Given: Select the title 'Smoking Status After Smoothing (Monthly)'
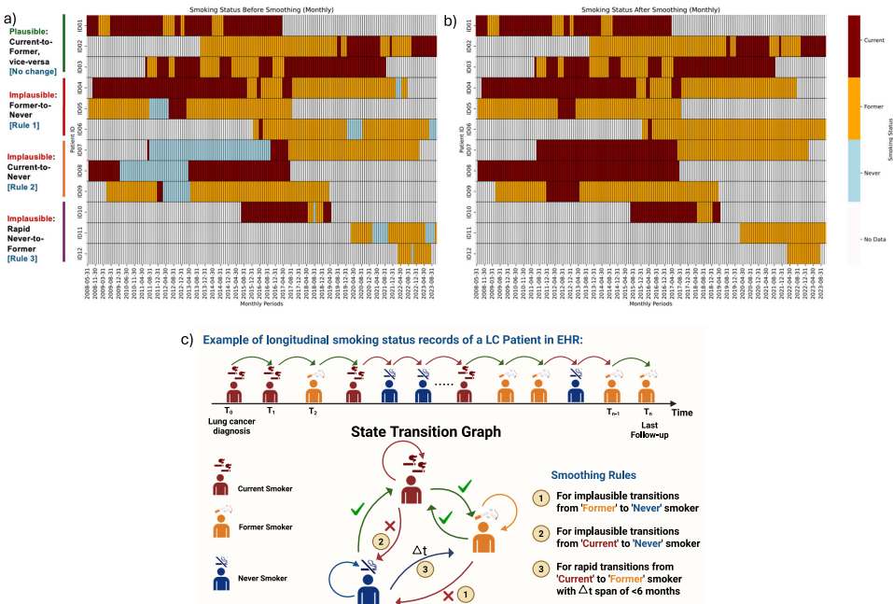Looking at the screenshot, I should [647, 9].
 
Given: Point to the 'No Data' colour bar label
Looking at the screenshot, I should [873, 240].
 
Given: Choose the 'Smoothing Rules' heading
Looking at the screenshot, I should [593, 474].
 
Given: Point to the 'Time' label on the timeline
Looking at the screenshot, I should [682, 412].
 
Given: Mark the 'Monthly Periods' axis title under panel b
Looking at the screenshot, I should [647, 303].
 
